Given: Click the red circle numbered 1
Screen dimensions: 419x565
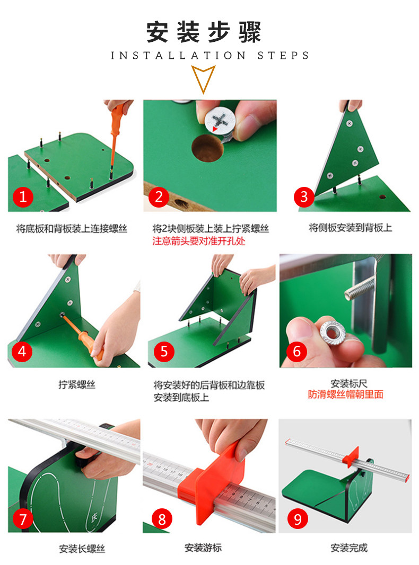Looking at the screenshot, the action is click(x=23, y=197).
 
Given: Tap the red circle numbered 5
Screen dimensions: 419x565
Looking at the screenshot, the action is click(x=164, y=351).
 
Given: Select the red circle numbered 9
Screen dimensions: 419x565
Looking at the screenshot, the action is click(x=298, y=519).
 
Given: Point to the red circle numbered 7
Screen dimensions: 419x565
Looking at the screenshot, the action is click(x=23, y=519).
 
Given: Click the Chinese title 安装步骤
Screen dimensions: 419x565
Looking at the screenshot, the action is click(x=203, y=32).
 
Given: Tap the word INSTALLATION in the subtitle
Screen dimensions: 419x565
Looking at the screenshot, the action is click(x=178, y=56).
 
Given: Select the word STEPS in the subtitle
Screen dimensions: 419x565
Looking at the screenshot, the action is click(x=283, y=56).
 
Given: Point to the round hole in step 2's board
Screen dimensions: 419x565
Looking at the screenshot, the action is click(x=207, y=148).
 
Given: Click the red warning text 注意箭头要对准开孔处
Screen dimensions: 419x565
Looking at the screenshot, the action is click(x=198, y=241).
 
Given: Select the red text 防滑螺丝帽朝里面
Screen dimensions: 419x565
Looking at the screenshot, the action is click(x=345, y=394).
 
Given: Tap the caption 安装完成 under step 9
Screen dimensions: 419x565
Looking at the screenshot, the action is click(x=348, y=548).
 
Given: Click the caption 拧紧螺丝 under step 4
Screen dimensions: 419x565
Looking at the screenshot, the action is click(x=77, y=384).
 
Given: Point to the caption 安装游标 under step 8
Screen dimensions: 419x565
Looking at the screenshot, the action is click(x=203, y=548).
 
